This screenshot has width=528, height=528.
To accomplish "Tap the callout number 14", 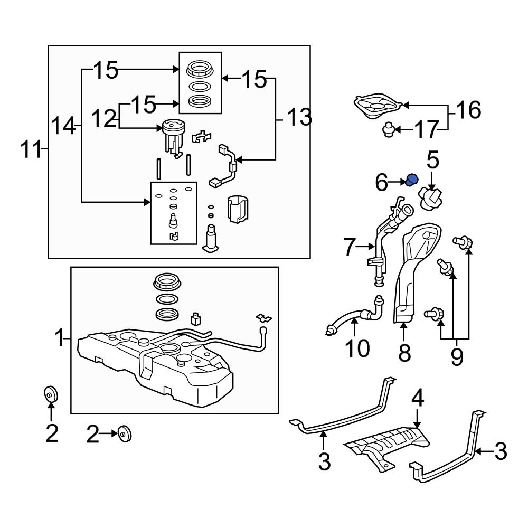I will pos(63,127).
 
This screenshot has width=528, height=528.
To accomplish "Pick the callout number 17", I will pos(426,129).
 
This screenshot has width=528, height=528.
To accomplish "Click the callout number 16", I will pos(467,110).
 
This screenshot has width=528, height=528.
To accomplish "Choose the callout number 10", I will pos(357,348).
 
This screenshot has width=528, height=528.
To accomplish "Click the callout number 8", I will pos(404,353).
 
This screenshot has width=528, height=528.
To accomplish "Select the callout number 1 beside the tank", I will pos(60,336).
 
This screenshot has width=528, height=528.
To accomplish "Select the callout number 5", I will pos(432,160).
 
